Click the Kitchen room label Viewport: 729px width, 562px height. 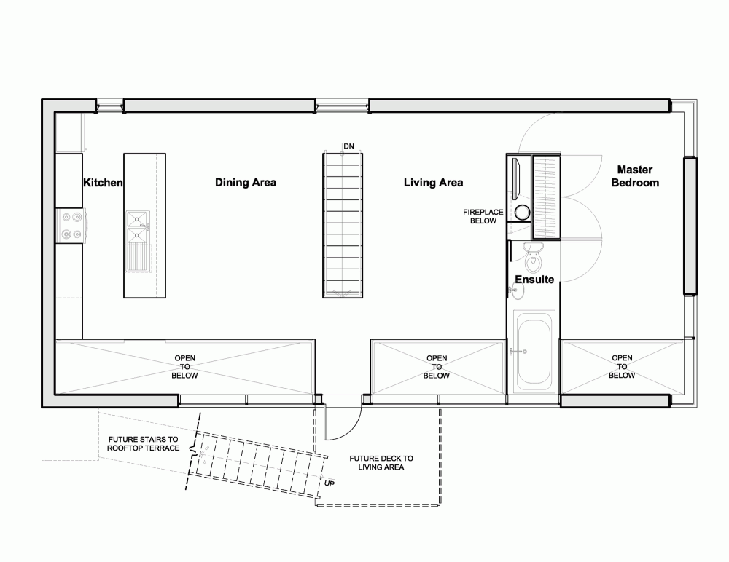(103, 183)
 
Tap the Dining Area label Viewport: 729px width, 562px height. (246, 183)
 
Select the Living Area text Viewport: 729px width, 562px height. (433, 183)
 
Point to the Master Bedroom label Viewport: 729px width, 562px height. (635, 176)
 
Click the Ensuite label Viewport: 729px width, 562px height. (534, 280)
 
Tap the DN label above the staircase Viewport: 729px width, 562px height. (348, 146)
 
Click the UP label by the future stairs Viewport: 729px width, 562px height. (330, 483)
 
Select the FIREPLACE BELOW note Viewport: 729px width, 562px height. (483, 216)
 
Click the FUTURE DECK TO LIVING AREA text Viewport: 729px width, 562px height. (381, 462)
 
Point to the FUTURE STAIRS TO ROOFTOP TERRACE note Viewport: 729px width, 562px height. (143, 443)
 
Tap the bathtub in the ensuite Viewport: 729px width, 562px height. (534, 352)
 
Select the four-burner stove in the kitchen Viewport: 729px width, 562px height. (70, 225)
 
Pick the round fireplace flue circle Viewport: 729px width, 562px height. (522, 213)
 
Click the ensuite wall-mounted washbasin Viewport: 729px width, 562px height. (516, 290)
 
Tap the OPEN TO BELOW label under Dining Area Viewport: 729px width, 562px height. (184, 367)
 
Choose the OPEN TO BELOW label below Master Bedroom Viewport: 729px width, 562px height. (622, 366)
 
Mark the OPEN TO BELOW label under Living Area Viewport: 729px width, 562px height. (437, 367)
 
